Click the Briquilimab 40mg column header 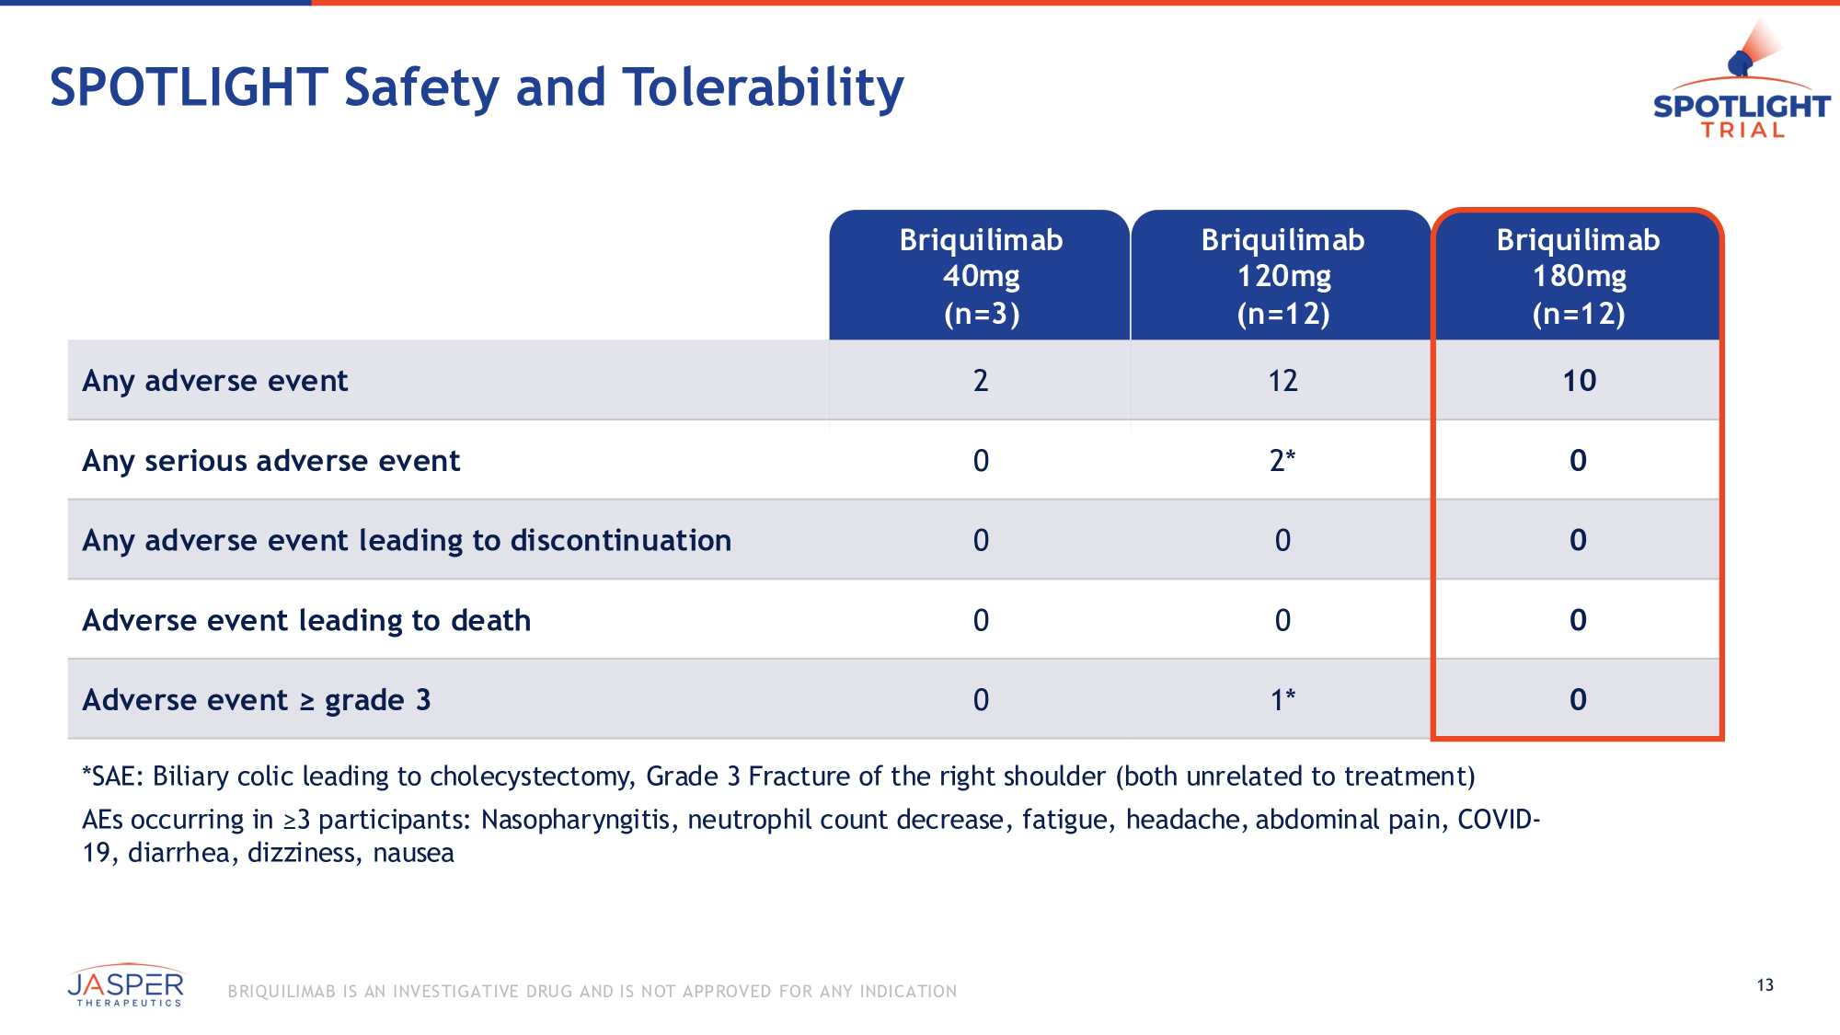[981, 276]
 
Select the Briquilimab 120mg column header [1282, 276]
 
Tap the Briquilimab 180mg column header [1578, 276]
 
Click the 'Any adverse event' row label [215, 381]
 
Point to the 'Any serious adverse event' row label [271, 461]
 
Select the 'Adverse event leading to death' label [306, 621]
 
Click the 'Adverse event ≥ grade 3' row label [257, 701]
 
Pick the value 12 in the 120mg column [1282, 381]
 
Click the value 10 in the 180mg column [1579, 381]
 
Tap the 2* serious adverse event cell [1282, 461]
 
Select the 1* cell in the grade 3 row [1282, 701]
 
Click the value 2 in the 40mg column [981, 381]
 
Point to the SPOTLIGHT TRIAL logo [1741, 87]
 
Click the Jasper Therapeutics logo [126, 987]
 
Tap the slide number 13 [1765, 985]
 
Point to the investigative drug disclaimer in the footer [592, 992]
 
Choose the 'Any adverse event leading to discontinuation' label [407, 541]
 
